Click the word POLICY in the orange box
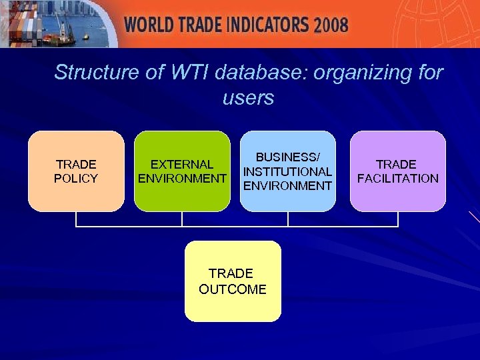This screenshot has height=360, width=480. click(76, 179)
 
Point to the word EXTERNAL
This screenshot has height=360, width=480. click(182, 164)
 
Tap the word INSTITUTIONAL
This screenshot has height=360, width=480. click(288, 171)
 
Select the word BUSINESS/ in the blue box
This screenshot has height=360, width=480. click(288, 157)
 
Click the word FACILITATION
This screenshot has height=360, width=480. click(398, 179)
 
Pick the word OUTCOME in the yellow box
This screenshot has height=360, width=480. click(233, 289)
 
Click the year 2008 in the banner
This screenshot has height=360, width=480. click(331, 25)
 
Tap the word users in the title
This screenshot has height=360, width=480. click(248, 98)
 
